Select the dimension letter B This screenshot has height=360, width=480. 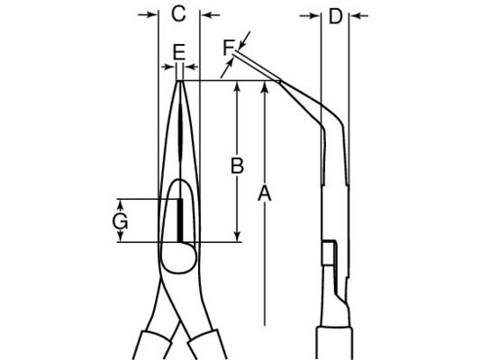pyautogui.click(x=237, y=166)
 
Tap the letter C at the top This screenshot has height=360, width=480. pyautogui.click(x=179, y=13)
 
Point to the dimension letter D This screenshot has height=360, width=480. pyautogui.click(x=336, y=16)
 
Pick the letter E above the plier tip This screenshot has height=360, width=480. pyautogui.click(x=179, y=52)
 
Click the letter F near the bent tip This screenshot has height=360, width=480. pyautogui.click(x=228, y=48)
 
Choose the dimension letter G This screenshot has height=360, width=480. pyautogui.click(x=120, y=221)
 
